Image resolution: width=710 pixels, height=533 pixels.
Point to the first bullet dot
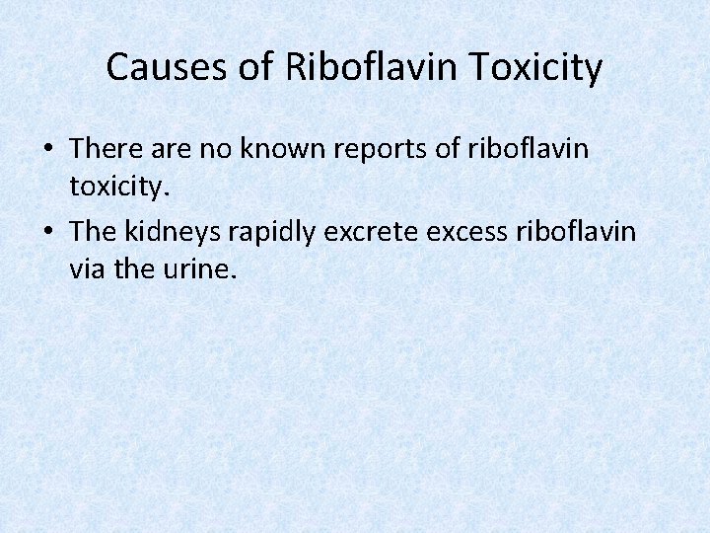pos(49,150)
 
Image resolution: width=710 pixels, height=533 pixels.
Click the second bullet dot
pos(49,232)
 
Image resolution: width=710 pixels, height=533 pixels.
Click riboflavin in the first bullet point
pos(534,149)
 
